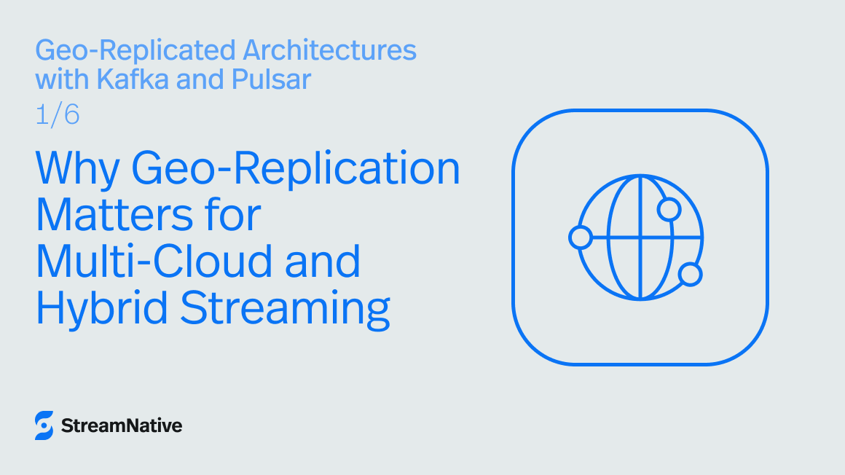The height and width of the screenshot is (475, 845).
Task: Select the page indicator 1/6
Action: coord(58,115)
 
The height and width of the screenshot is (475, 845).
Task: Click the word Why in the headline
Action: coord(78,169)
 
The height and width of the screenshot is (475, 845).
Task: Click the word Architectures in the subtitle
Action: coord(329,50)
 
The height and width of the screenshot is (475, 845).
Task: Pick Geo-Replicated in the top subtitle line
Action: coord(135,50)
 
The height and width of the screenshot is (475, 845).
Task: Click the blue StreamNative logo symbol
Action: coord(44,425)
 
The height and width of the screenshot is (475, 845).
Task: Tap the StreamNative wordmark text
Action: coord(122,425)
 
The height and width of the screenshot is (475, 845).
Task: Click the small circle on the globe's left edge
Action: coord(581,237)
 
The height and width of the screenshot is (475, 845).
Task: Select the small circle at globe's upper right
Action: coord(669,210)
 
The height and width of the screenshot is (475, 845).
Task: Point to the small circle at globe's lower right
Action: coord(690,275)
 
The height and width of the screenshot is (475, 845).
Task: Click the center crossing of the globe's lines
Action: coord(640,237)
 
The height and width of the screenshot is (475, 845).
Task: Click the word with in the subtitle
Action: coord(60,79)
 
